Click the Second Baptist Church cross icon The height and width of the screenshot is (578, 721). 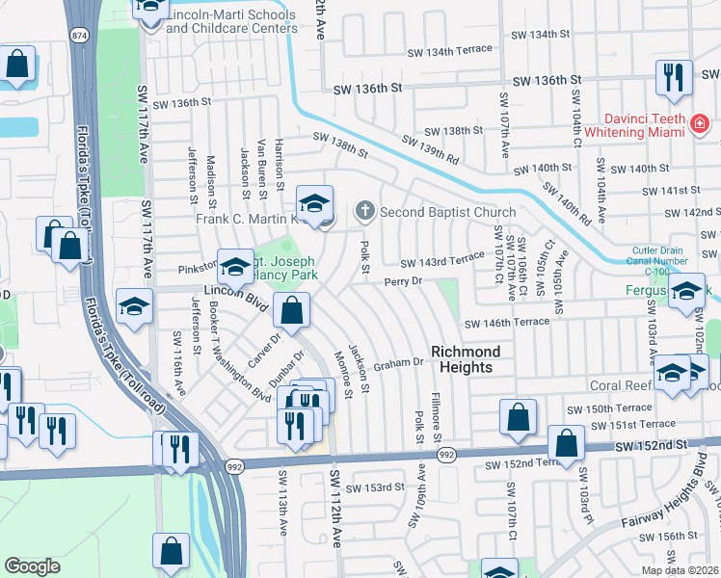click(x=365, y=210)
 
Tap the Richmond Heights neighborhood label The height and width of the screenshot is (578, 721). click(x=461, y=359)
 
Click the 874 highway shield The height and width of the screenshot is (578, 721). click(x=79, y=36)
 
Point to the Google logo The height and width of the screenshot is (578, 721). click(x=32, y=566)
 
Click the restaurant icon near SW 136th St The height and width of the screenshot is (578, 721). click(x=671, y=77)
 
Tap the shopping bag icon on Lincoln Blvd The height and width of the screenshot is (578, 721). click(x=290, y=310)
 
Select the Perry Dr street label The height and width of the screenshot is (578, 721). click(x=403, y=282)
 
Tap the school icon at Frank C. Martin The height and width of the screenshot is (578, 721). click(x=314, y=202)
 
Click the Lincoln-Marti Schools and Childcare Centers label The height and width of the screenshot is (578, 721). click(x=231, y=22)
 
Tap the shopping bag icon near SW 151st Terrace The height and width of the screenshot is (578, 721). click(x=566, y=443)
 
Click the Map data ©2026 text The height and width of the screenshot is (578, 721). click(x=679, y=569)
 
